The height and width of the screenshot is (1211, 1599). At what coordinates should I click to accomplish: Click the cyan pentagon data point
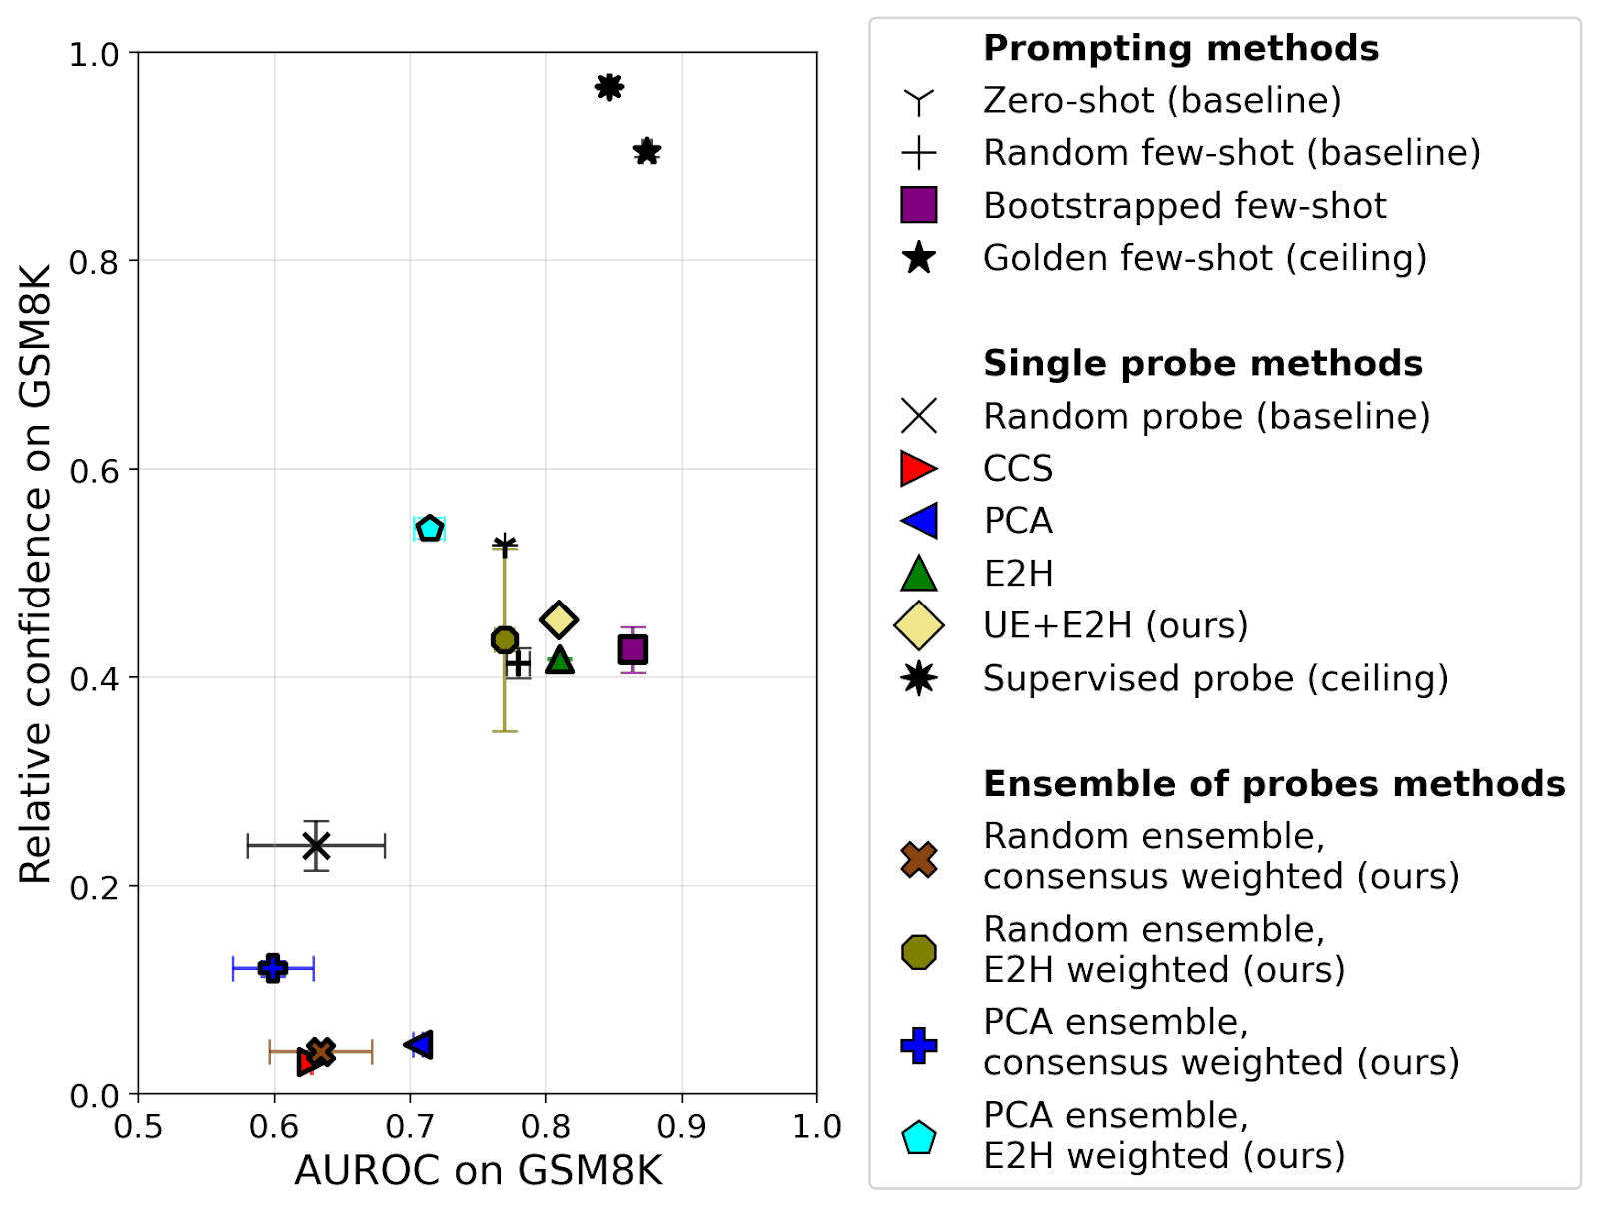click(x=430, y=529)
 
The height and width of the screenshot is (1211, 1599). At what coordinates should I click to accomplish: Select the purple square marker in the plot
click(x=632, y=650)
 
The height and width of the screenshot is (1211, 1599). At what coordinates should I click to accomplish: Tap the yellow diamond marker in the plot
click(x=559, y=619)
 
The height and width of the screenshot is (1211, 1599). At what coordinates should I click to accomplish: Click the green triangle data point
click(x=560, y=660)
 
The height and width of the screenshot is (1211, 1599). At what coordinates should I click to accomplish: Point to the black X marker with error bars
click(x=316, y=846)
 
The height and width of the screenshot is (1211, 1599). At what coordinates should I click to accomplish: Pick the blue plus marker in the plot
click(x=273, y=968)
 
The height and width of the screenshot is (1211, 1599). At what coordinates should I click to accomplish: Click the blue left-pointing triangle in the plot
click(x=420, y=1044)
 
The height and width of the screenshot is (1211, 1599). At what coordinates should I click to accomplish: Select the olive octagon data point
click(x=505, y=640)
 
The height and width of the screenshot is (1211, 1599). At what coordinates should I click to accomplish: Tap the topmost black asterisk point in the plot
click(x=609, y=87)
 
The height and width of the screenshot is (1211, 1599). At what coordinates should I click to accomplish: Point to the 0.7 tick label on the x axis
click(x=410, y=1127)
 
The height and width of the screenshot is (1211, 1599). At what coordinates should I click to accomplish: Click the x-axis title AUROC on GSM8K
click(x=478, y=1171)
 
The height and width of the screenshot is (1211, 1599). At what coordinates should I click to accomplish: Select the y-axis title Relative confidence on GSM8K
click(x=36, y=574)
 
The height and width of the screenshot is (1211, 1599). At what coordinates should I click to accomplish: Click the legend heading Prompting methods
click(x=1181, y=48)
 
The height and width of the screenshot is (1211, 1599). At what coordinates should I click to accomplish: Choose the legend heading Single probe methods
click(x=1203, y=363)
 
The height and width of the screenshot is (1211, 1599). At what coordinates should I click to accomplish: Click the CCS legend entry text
click(x=1018, y=468)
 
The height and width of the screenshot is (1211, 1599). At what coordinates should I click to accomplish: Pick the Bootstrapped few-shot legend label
click(x=1185, y=205)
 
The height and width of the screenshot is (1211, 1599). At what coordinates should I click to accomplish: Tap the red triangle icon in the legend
click(x=918, y=468)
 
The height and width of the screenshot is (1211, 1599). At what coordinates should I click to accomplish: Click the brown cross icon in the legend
click(x=918, y=858)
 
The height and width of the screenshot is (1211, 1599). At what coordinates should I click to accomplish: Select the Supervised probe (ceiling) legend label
click(x=1216, y=678)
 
